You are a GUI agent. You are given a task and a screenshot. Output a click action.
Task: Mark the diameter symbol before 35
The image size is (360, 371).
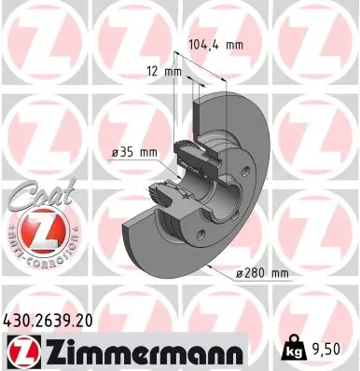click(103, 154)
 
